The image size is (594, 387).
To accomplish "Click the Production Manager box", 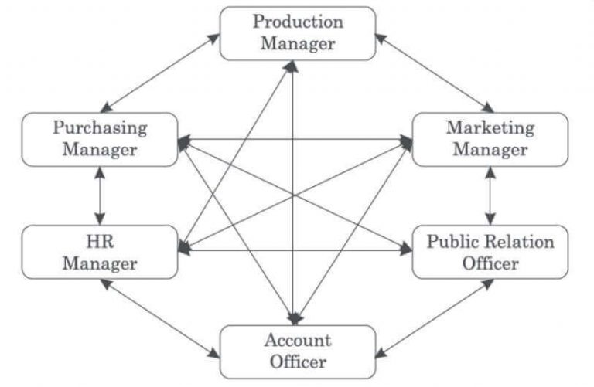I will coord(298,32).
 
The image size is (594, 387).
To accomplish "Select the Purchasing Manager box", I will coord(100,138).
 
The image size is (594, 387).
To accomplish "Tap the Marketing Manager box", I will coord(490,138).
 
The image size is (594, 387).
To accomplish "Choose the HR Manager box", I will coord(100,253).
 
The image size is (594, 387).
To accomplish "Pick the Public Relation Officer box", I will coord(490,253).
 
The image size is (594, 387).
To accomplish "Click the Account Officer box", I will coord(298,351).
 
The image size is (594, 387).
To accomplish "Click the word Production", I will coord(298,22).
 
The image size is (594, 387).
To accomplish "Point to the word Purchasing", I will coord(100,127).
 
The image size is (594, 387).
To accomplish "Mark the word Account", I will coord(298,341).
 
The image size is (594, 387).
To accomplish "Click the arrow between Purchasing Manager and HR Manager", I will coord(99,195).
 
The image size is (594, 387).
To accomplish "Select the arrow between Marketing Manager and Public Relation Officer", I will coord(489,195).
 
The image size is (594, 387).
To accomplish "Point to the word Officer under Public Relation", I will coord(490,263).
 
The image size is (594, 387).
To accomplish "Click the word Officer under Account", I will coord(298,361).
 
